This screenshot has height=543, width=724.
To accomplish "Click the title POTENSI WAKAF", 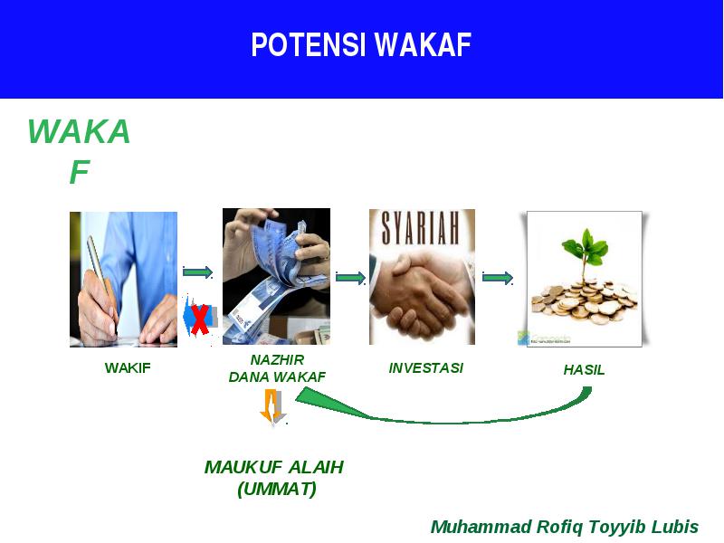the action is click(x=361, y=44).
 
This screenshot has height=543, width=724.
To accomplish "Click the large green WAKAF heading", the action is click(x=79, y=151).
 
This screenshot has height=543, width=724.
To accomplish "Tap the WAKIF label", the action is click(x=128, y=368).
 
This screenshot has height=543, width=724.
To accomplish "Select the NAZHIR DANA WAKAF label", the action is click(x=277, y=368).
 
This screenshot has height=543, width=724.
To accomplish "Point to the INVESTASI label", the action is click(x=425, y=368).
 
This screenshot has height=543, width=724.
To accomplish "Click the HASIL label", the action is click(x=584, y=370).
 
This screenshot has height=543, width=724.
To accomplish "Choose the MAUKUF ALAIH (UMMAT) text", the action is click(x=274, y=478).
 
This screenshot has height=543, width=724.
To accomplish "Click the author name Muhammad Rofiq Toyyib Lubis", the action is click(x=564, y=527).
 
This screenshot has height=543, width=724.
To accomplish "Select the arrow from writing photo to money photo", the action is click(x=198, y=272).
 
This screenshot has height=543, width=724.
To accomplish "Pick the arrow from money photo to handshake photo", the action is click(x=350, y=278).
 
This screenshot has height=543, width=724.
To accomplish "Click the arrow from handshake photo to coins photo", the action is click(x=497, y=278).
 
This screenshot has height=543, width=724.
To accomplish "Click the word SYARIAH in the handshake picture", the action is click(x=421, y=228).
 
